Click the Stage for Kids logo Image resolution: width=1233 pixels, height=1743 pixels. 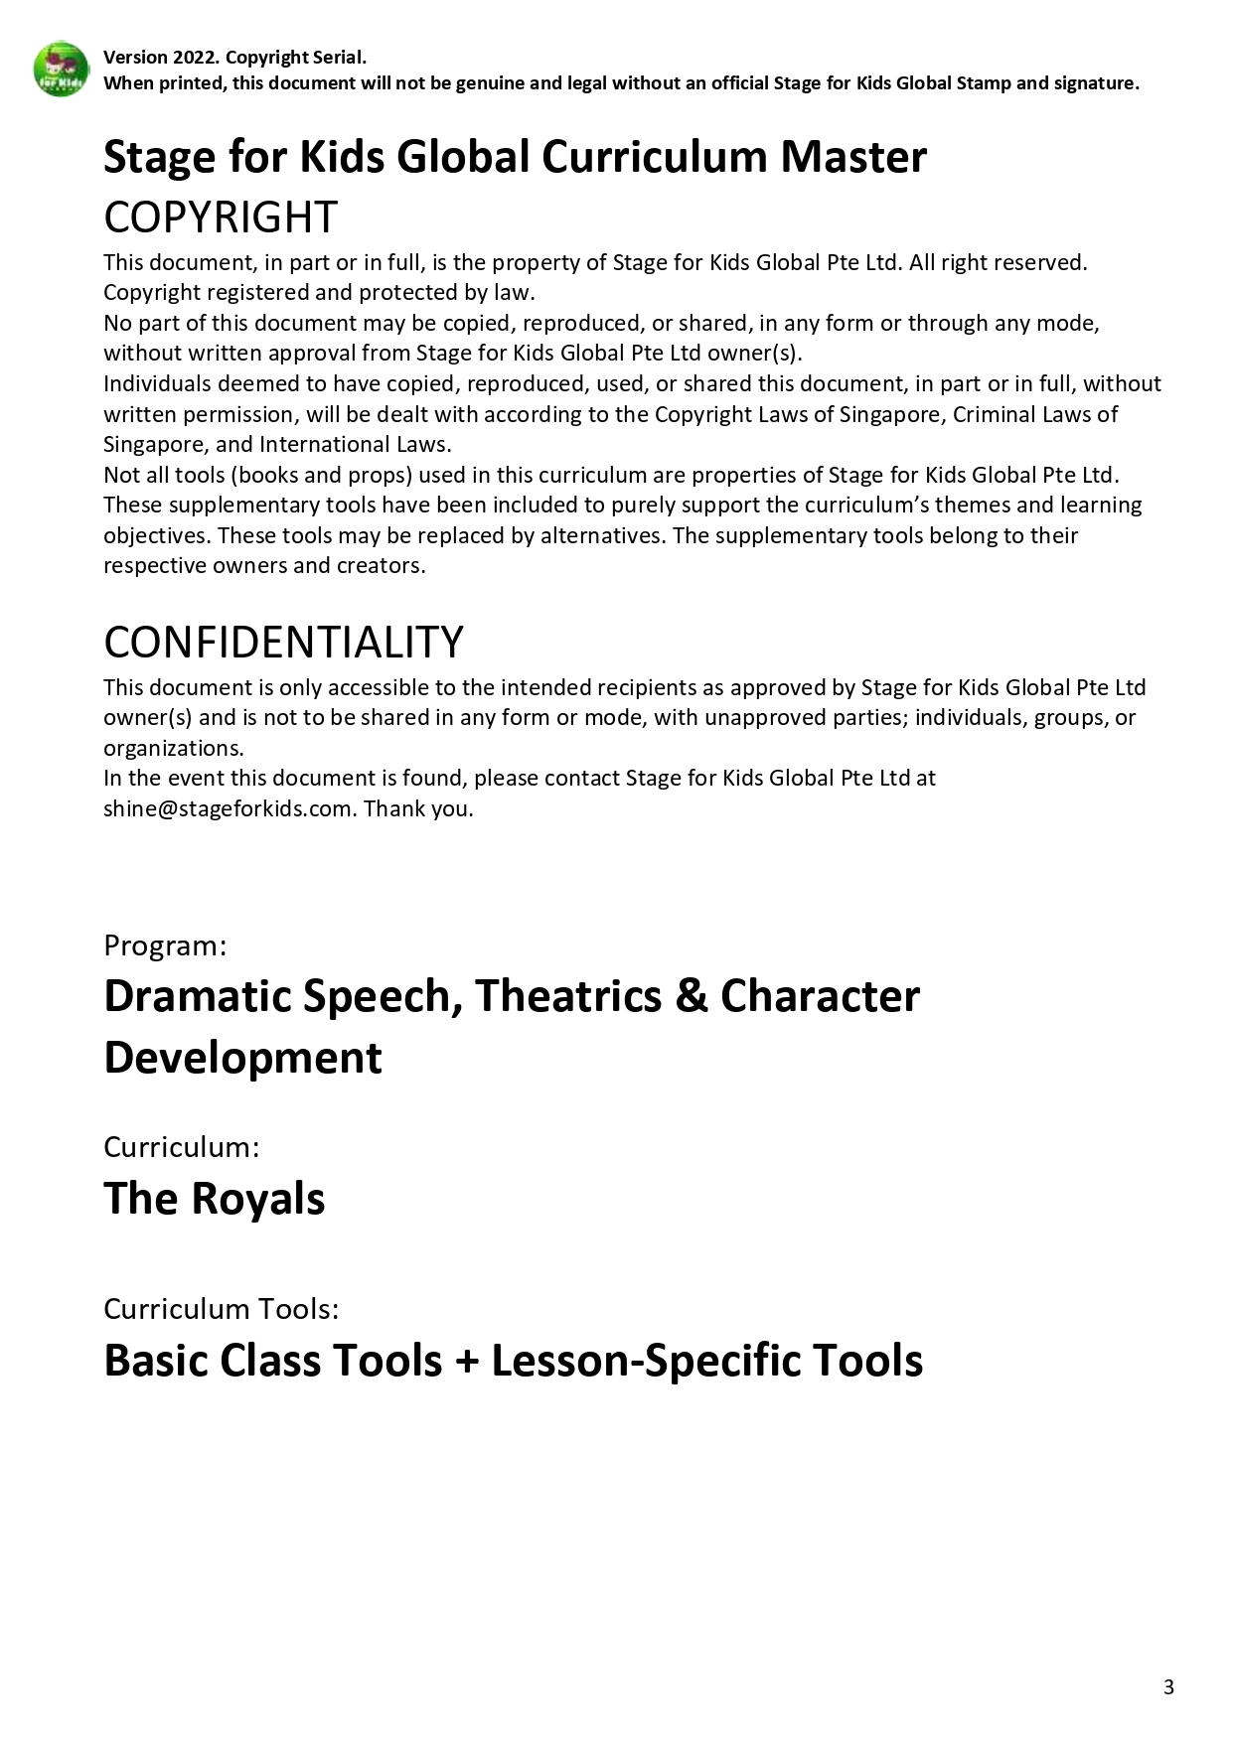click(62, 70)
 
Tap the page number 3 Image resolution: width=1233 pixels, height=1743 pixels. click(1168, 1686)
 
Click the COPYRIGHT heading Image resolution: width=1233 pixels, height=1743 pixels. click(221, 218)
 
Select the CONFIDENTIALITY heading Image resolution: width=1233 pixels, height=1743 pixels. click(283, 643)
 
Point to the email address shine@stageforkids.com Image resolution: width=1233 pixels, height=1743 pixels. click(229, 808)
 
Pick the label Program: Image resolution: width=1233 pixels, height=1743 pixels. click(165, 945)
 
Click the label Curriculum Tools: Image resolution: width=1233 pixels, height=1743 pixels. click(221, 1309)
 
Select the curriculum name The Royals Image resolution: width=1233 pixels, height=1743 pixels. click(214, 1199)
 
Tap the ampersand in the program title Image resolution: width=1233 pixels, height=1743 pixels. click(691, 996)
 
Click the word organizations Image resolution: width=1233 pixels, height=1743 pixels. click(173, 748)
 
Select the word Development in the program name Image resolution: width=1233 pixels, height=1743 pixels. click(242, 1058)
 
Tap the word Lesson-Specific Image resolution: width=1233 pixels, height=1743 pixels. click(646, 1361)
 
